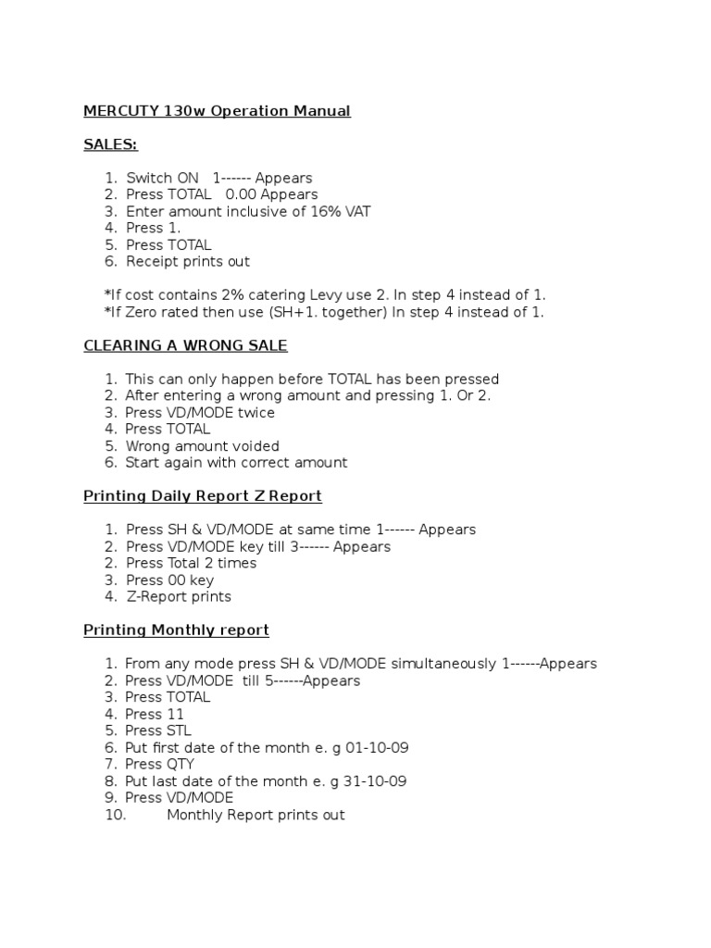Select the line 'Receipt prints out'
pos(188,262)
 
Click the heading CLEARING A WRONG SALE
pos(185,345)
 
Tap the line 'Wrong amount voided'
pos(202,446)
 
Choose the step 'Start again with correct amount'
pos(236,463)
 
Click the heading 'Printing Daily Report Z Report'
pos(203,496)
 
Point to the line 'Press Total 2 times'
pos(191,564)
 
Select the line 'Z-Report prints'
pos(179,597)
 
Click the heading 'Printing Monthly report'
pos(176,630)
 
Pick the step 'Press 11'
pos(155,714)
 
